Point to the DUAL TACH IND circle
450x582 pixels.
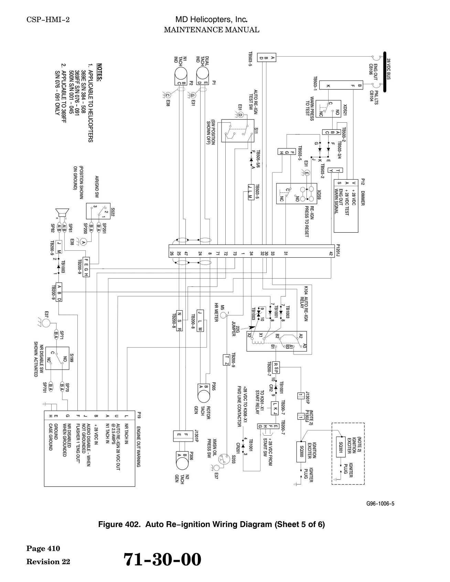pyautogui.click(x=203, y=74)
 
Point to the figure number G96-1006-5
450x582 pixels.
pyautogui.click(x=380, y=504)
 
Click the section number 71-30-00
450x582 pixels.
pyautogui.click(x=162, y=559)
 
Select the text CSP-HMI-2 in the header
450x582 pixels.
pyautogui.click(x=48, y=20)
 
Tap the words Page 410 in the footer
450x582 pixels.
pyautogui.click(x=43, y=549)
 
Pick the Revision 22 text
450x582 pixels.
pyautogui.click(x=49, y=562)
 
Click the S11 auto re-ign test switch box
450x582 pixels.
pyautogui.click(x=238, y=131)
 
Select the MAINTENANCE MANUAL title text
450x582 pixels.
pyautogui.click(x=212, y=30)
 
